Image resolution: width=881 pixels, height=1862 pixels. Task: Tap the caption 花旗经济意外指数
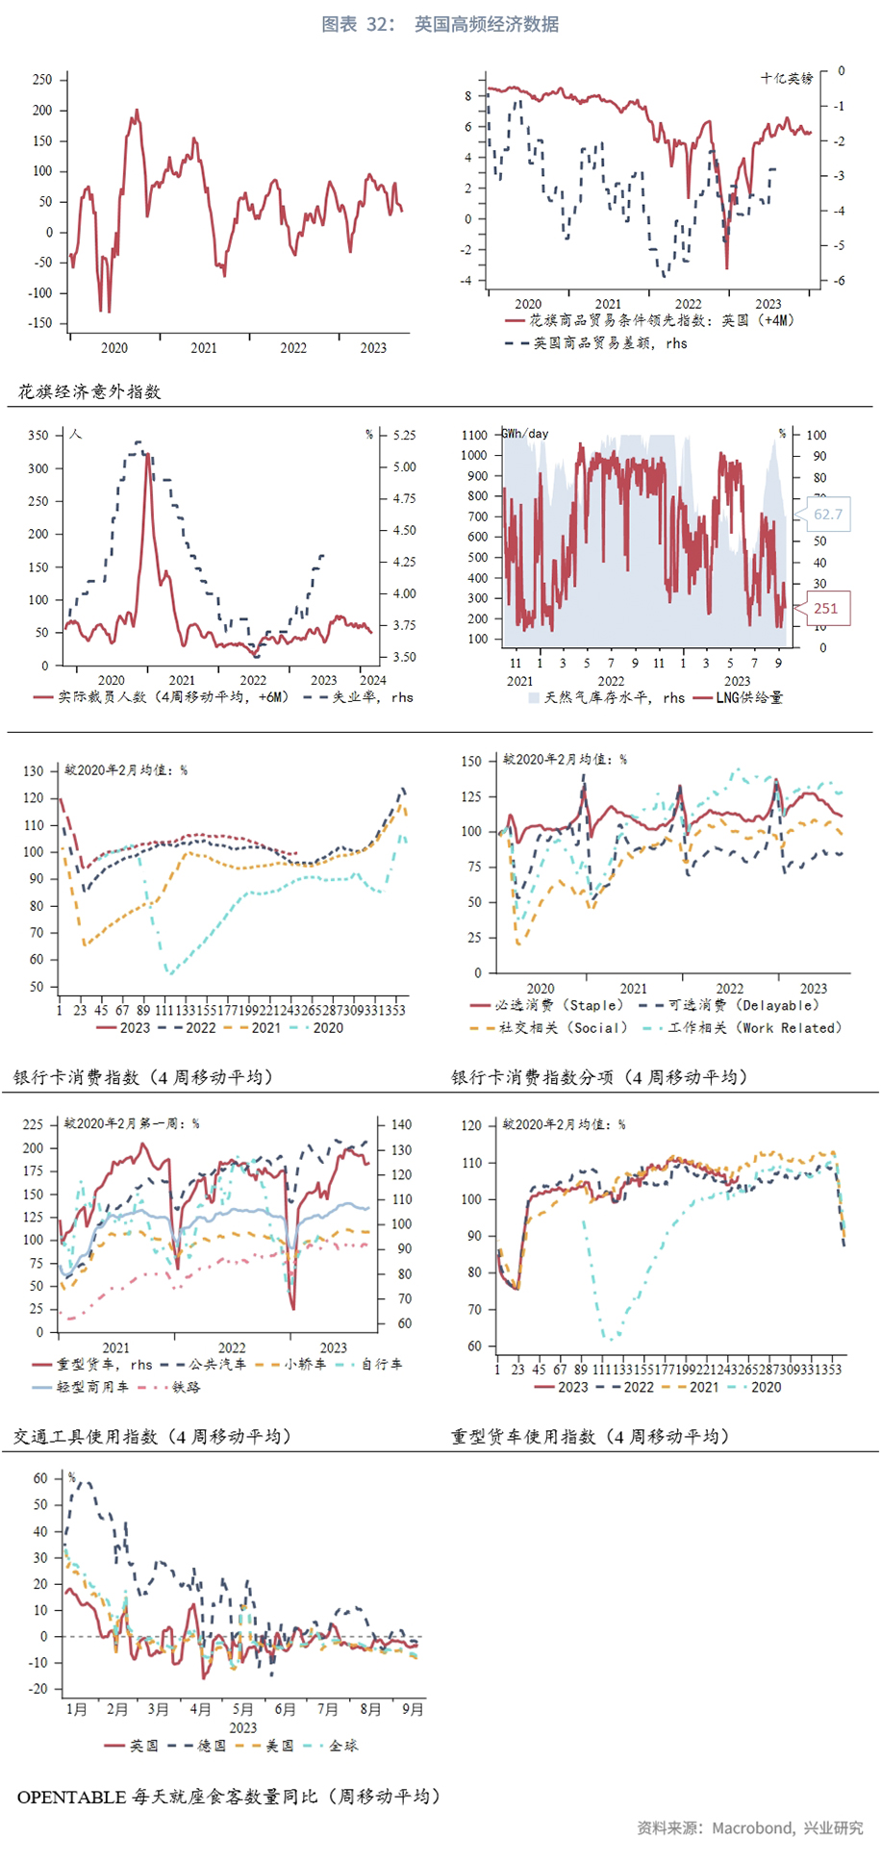[x=89, y=391]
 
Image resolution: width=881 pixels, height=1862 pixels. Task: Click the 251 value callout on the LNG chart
[x=825, y=608]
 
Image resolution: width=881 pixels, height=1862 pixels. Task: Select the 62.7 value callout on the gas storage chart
[x=827, y=515]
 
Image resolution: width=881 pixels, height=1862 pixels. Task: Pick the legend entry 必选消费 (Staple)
[x=559, y=1005]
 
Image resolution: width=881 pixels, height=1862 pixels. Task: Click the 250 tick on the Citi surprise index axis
[x=42, y=80]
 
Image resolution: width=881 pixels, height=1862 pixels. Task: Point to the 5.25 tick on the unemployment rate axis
[x=405, y=435]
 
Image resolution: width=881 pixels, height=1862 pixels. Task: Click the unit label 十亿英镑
[x=787, y=78]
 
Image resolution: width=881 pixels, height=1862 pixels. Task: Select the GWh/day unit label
[x=526, y=434]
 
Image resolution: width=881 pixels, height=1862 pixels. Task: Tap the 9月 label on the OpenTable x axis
[x=413, y=1708]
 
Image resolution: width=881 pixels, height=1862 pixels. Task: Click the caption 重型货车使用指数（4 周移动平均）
[x=590, y=1436]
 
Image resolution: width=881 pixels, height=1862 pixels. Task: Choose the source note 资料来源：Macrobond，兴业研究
[x=749, y=1827]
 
